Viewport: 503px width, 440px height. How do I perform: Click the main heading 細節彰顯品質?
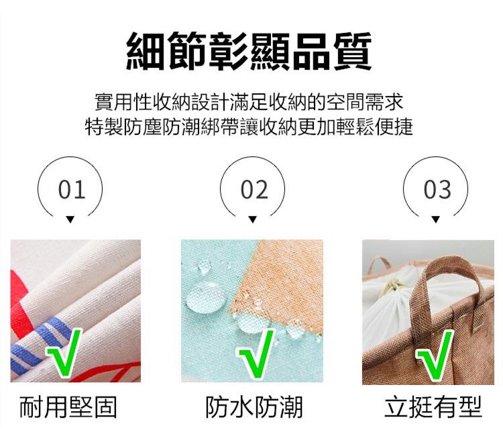[x=249, y=51]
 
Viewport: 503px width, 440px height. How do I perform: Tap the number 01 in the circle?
[x=72, y=190]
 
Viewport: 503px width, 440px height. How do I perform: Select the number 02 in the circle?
[x=254, y=190]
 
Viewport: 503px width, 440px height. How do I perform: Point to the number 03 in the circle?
[x=437, y=190]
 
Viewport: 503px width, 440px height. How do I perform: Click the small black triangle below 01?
[x=70, y=219]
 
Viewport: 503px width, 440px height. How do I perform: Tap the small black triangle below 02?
[x=252, y=219]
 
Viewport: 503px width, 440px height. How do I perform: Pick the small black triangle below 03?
[x=435, y=219]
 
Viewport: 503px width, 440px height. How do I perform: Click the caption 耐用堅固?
[x=68, y=407]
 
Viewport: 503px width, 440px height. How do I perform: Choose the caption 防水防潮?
[x=254, y=407]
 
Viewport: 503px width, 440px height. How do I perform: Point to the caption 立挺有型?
[x=433, y=407]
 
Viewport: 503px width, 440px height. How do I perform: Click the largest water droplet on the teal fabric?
[x=205, y=298]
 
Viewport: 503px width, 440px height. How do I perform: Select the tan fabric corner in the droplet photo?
[x=282, y=282]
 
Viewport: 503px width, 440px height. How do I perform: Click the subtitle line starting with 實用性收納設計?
[x=249, y=102]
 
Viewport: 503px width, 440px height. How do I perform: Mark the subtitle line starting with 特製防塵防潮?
[x=249, y=127]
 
